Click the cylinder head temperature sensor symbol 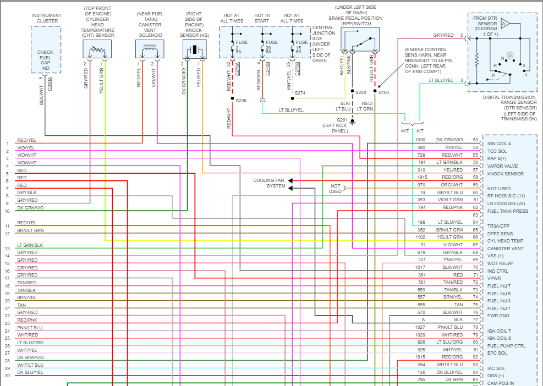click(97, 50)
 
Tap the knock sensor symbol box click(195, 49)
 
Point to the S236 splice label click(241, 101)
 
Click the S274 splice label click(300, 93)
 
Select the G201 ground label click(343, 120)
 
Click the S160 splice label click(383, 92)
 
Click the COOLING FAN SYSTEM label click(269, 183)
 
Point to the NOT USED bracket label click(336, 189)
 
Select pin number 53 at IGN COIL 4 click(475, 140)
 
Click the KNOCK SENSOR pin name click(505, 174)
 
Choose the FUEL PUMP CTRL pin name click(506, 346)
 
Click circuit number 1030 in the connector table click(421, 140)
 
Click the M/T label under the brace click(405, 130)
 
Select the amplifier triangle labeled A click(506, 24)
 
